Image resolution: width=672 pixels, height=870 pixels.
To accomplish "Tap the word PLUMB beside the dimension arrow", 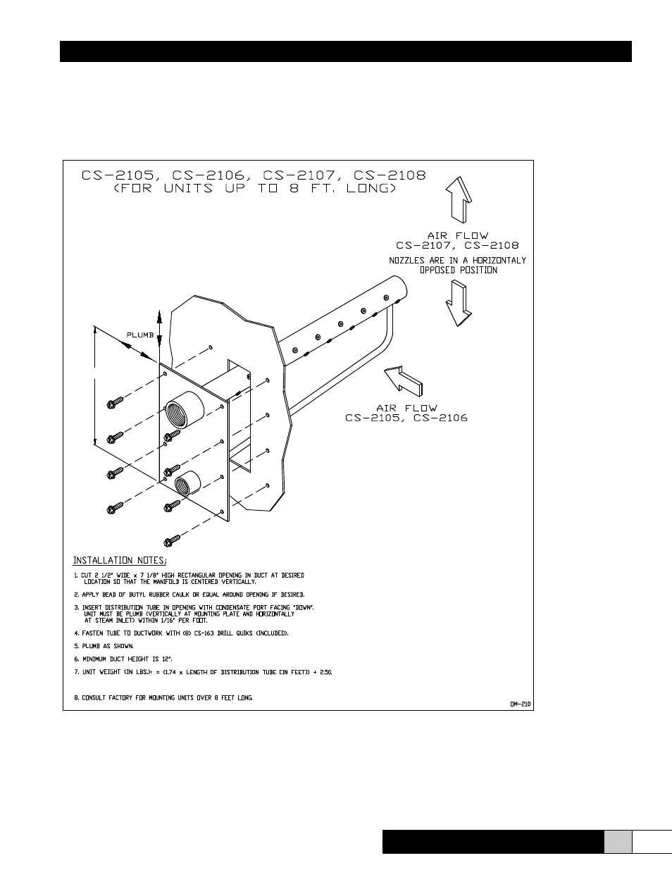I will tap(140, 335).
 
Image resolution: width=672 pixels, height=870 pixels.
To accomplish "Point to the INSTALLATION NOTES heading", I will tap(120, 561).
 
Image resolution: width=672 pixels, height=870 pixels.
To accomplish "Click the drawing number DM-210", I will tap(520, 703).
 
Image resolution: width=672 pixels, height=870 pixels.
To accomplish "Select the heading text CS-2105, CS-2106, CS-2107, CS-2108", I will tap(254, 175).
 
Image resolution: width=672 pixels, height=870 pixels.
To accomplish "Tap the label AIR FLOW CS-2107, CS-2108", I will tap(457, 241).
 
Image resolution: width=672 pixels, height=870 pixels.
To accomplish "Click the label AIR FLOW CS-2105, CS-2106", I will tap(406, 413).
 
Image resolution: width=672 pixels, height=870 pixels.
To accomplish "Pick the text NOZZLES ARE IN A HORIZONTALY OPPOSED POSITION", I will tap(458, 265).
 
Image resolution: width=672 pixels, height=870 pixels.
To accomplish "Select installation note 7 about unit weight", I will tap(203, 672).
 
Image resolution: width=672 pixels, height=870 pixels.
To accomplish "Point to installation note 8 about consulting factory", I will tap(163, 698).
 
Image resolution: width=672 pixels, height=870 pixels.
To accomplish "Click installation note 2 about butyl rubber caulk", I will tap(189, 595).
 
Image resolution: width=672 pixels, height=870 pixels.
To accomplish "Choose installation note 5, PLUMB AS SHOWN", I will tap(104, 646).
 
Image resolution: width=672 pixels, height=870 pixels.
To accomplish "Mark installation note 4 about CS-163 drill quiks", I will tap(181, 633).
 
